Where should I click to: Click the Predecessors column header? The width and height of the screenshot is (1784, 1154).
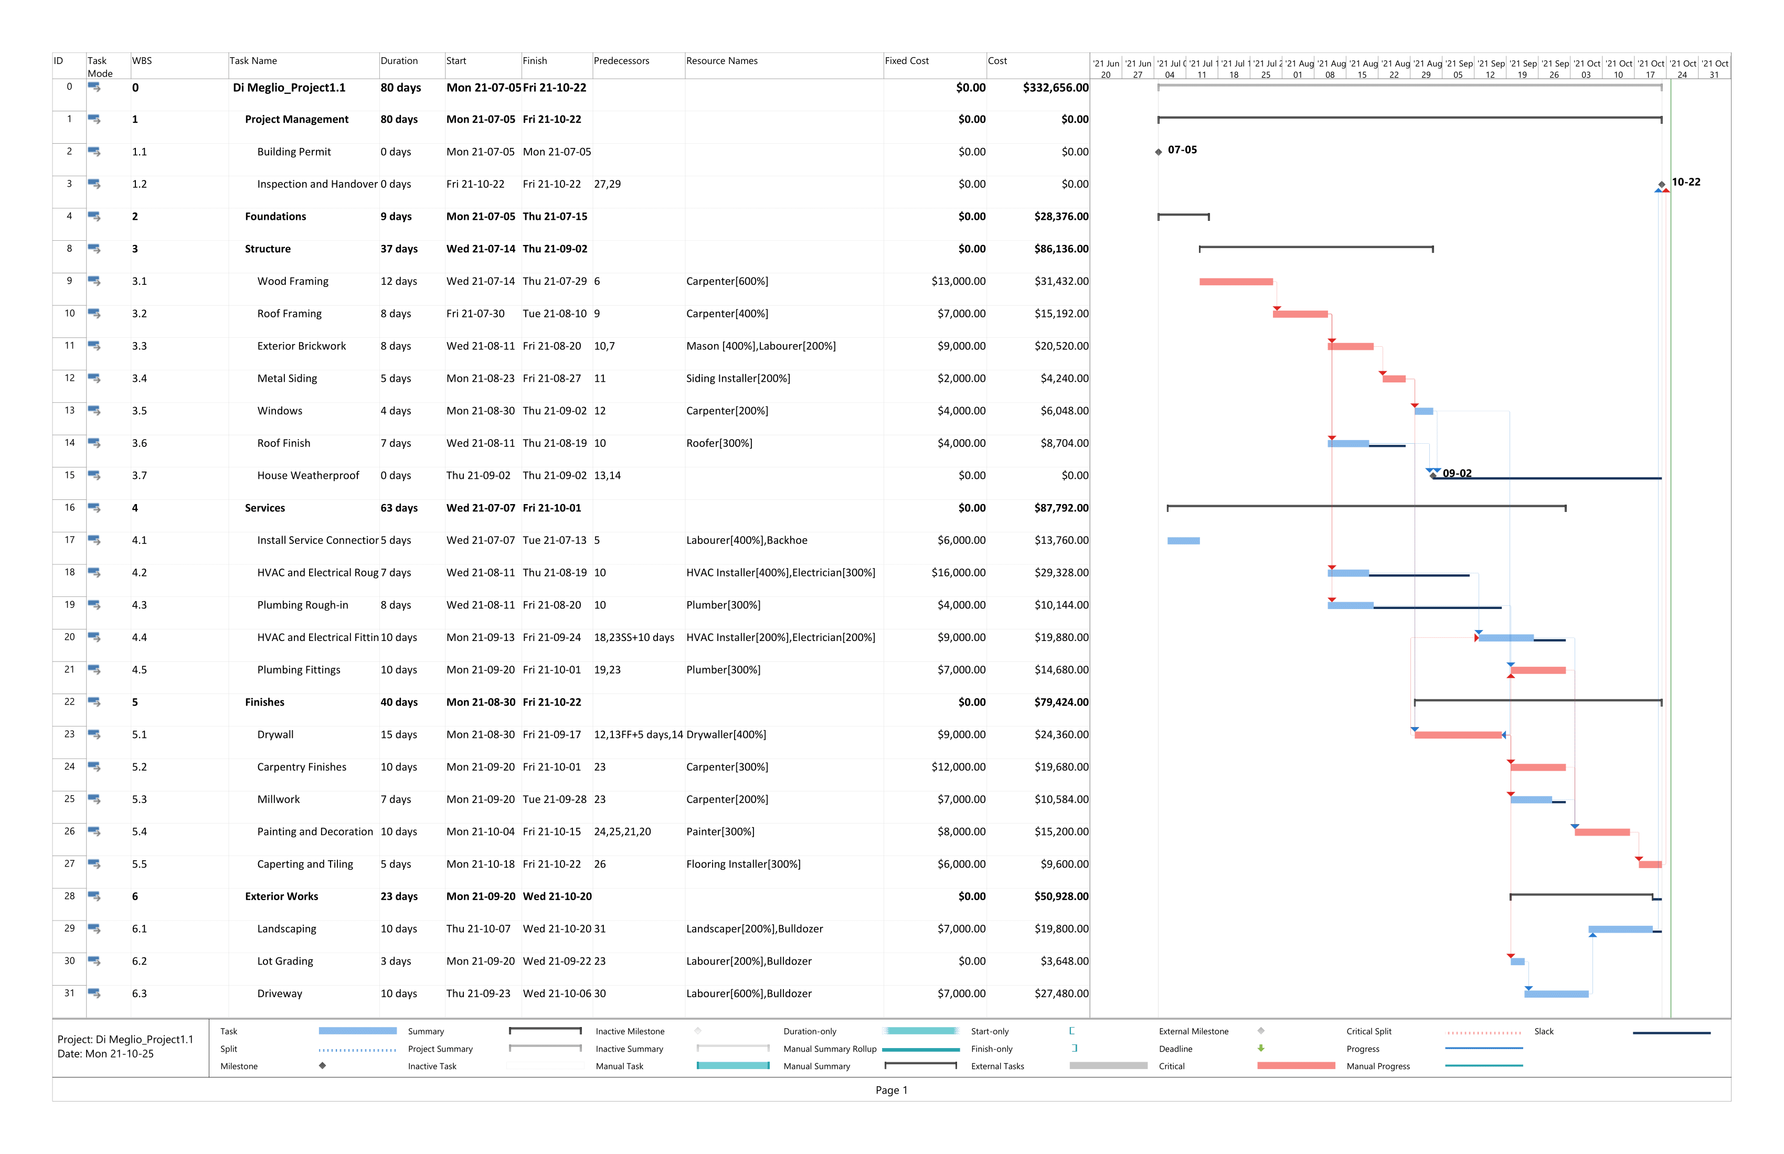coord(621,61)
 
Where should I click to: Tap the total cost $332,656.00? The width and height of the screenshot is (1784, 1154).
coord(1055,88)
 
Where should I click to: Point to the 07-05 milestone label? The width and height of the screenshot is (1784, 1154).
coord(1182,150)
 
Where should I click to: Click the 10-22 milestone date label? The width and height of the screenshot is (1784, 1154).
coord(1686,182)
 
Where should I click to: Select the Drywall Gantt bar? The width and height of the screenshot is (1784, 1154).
coord(1458,735)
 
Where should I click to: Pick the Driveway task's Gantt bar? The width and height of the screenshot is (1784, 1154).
coord(1556,995)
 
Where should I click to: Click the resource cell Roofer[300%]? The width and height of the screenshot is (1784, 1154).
coord(719,443)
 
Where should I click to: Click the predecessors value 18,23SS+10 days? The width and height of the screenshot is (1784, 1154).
coord(634,638)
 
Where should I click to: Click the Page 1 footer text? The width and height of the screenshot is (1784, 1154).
coord(891,1091)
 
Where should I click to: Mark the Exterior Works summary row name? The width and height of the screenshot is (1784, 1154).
coord(281,896)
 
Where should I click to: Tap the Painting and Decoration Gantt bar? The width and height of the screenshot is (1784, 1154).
coord(1602,832)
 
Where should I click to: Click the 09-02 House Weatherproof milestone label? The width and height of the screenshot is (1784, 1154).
coord(1457,474)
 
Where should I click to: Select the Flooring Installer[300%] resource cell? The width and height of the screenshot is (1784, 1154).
coord(743,864)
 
